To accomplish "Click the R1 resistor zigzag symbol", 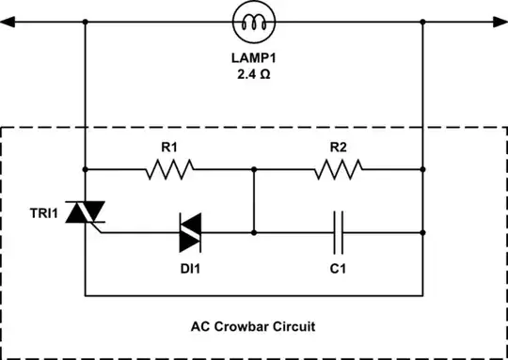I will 169,169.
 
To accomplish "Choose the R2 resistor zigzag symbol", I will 339,169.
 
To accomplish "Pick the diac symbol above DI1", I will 193,231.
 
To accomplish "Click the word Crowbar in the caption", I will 251,325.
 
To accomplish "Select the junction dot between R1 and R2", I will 253,169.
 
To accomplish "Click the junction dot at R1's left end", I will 85,169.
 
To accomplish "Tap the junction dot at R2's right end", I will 422,169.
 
